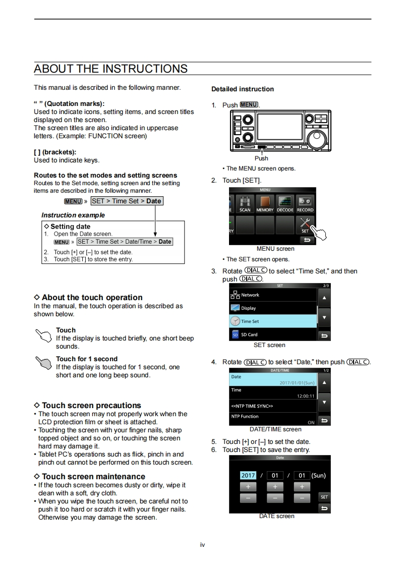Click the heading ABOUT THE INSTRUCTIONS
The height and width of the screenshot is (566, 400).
point(110,69)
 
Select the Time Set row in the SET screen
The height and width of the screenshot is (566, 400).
point(273,321)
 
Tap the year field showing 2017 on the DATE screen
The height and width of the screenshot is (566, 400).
point(248,475)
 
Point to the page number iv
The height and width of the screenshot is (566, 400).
point(202,545)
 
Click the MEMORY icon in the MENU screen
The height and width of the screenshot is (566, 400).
point(264,203)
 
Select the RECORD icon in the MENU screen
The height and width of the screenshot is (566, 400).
point(305,203)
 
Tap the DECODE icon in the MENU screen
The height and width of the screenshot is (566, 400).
point(284,203)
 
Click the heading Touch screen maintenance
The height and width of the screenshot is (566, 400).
point(93,476)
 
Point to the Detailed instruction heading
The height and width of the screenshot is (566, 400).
point(243,89)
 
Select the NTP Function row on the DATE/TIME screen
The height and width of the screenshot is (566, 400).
point(273,419)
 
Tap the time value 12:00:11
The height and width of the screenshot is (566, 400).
point(306,396)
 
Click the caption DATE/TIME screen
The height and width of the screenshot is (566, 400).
point(275,429)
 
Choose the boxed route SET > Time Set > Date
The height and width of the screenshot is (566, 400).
point(127,201)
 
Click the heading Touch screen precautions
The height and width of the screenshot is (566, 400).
point(91,405)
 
